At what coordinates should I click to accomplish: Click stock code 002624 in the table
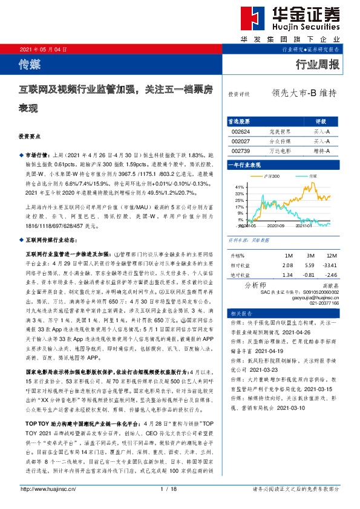point(241,131)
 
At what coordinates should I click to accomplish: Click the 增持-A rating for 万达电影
point(321,151)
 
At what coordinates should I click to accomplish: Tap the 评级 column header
point(321,121)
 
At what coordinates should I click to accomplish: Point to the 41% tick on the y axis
point(238,187)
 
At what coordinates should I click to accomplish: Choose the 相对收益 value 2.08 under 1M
point(287,264)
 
